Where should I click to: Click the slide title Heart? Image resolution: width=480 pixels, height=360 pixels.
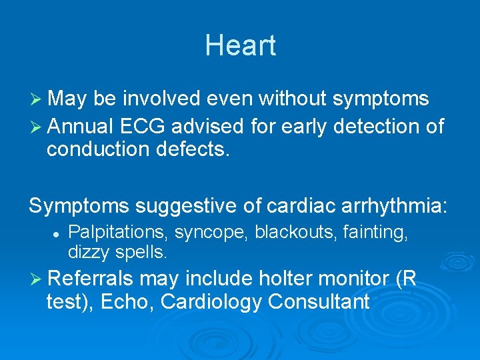[x=240, y=45]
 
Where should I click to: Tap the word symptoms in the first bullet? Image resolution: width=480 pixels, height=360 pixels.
[x=381, y=99]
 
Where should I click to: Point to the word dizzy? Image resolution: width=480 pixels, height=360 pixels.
[x=89, y=253]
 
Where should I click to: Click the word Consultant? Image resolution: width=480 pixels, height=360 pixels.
[x=319, y=302]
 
